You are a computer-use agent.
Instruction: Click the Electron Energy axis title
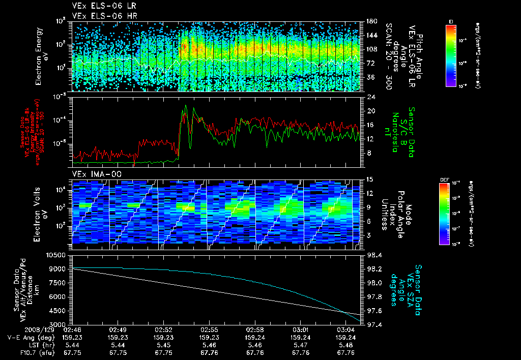coord(40,56)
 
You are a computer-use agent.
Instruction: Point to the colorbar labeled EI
coord(451,54)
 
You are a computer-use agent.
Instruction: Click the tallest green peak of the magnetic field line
coord(186,106)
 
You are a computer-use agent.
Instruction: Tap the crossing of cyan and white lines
coord(348,312)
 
